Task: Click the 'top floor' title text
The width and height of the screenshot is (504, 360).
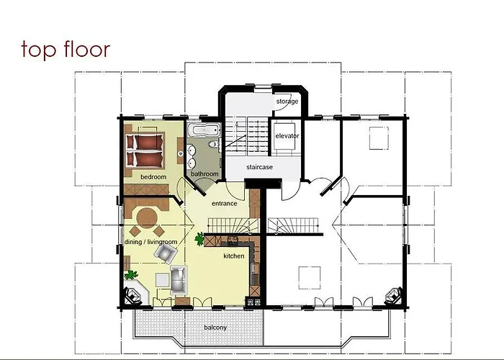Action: pos(66,49)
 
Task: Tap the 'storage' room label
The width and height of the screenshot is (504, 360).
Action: pos(287,102)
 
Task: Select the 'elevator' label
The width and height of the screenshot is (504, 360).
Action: pos(287,135)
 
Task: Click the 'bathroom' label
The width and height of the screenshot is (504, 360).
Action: pos(204,174)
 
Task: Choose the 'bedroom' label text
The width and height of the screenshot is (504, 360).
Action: pos(153,176)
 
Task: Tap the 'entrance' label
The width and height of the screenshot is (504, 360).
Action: pos(225,204)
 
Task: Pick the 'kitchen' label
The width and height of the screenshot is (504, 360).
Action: pos(234,256)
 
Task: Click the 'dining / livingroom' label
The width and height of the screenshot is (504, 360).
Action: pos(151,242)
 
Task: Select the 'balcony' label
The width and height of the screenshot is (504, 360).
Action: pos(215,328)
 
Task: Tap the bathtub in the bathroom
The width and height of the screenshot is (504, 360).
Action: pos(202,130)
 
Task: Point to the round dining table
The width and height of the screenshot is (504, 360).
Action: pos(147,217)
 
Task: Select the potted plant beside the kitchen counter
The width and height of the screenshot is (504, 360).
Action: pos(199,238)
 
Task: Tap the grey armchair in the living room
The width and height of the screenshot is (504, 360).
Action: pos(166,252)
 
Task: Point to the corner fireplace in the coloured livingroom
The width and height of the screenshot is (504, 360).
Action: pos(134,295)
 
